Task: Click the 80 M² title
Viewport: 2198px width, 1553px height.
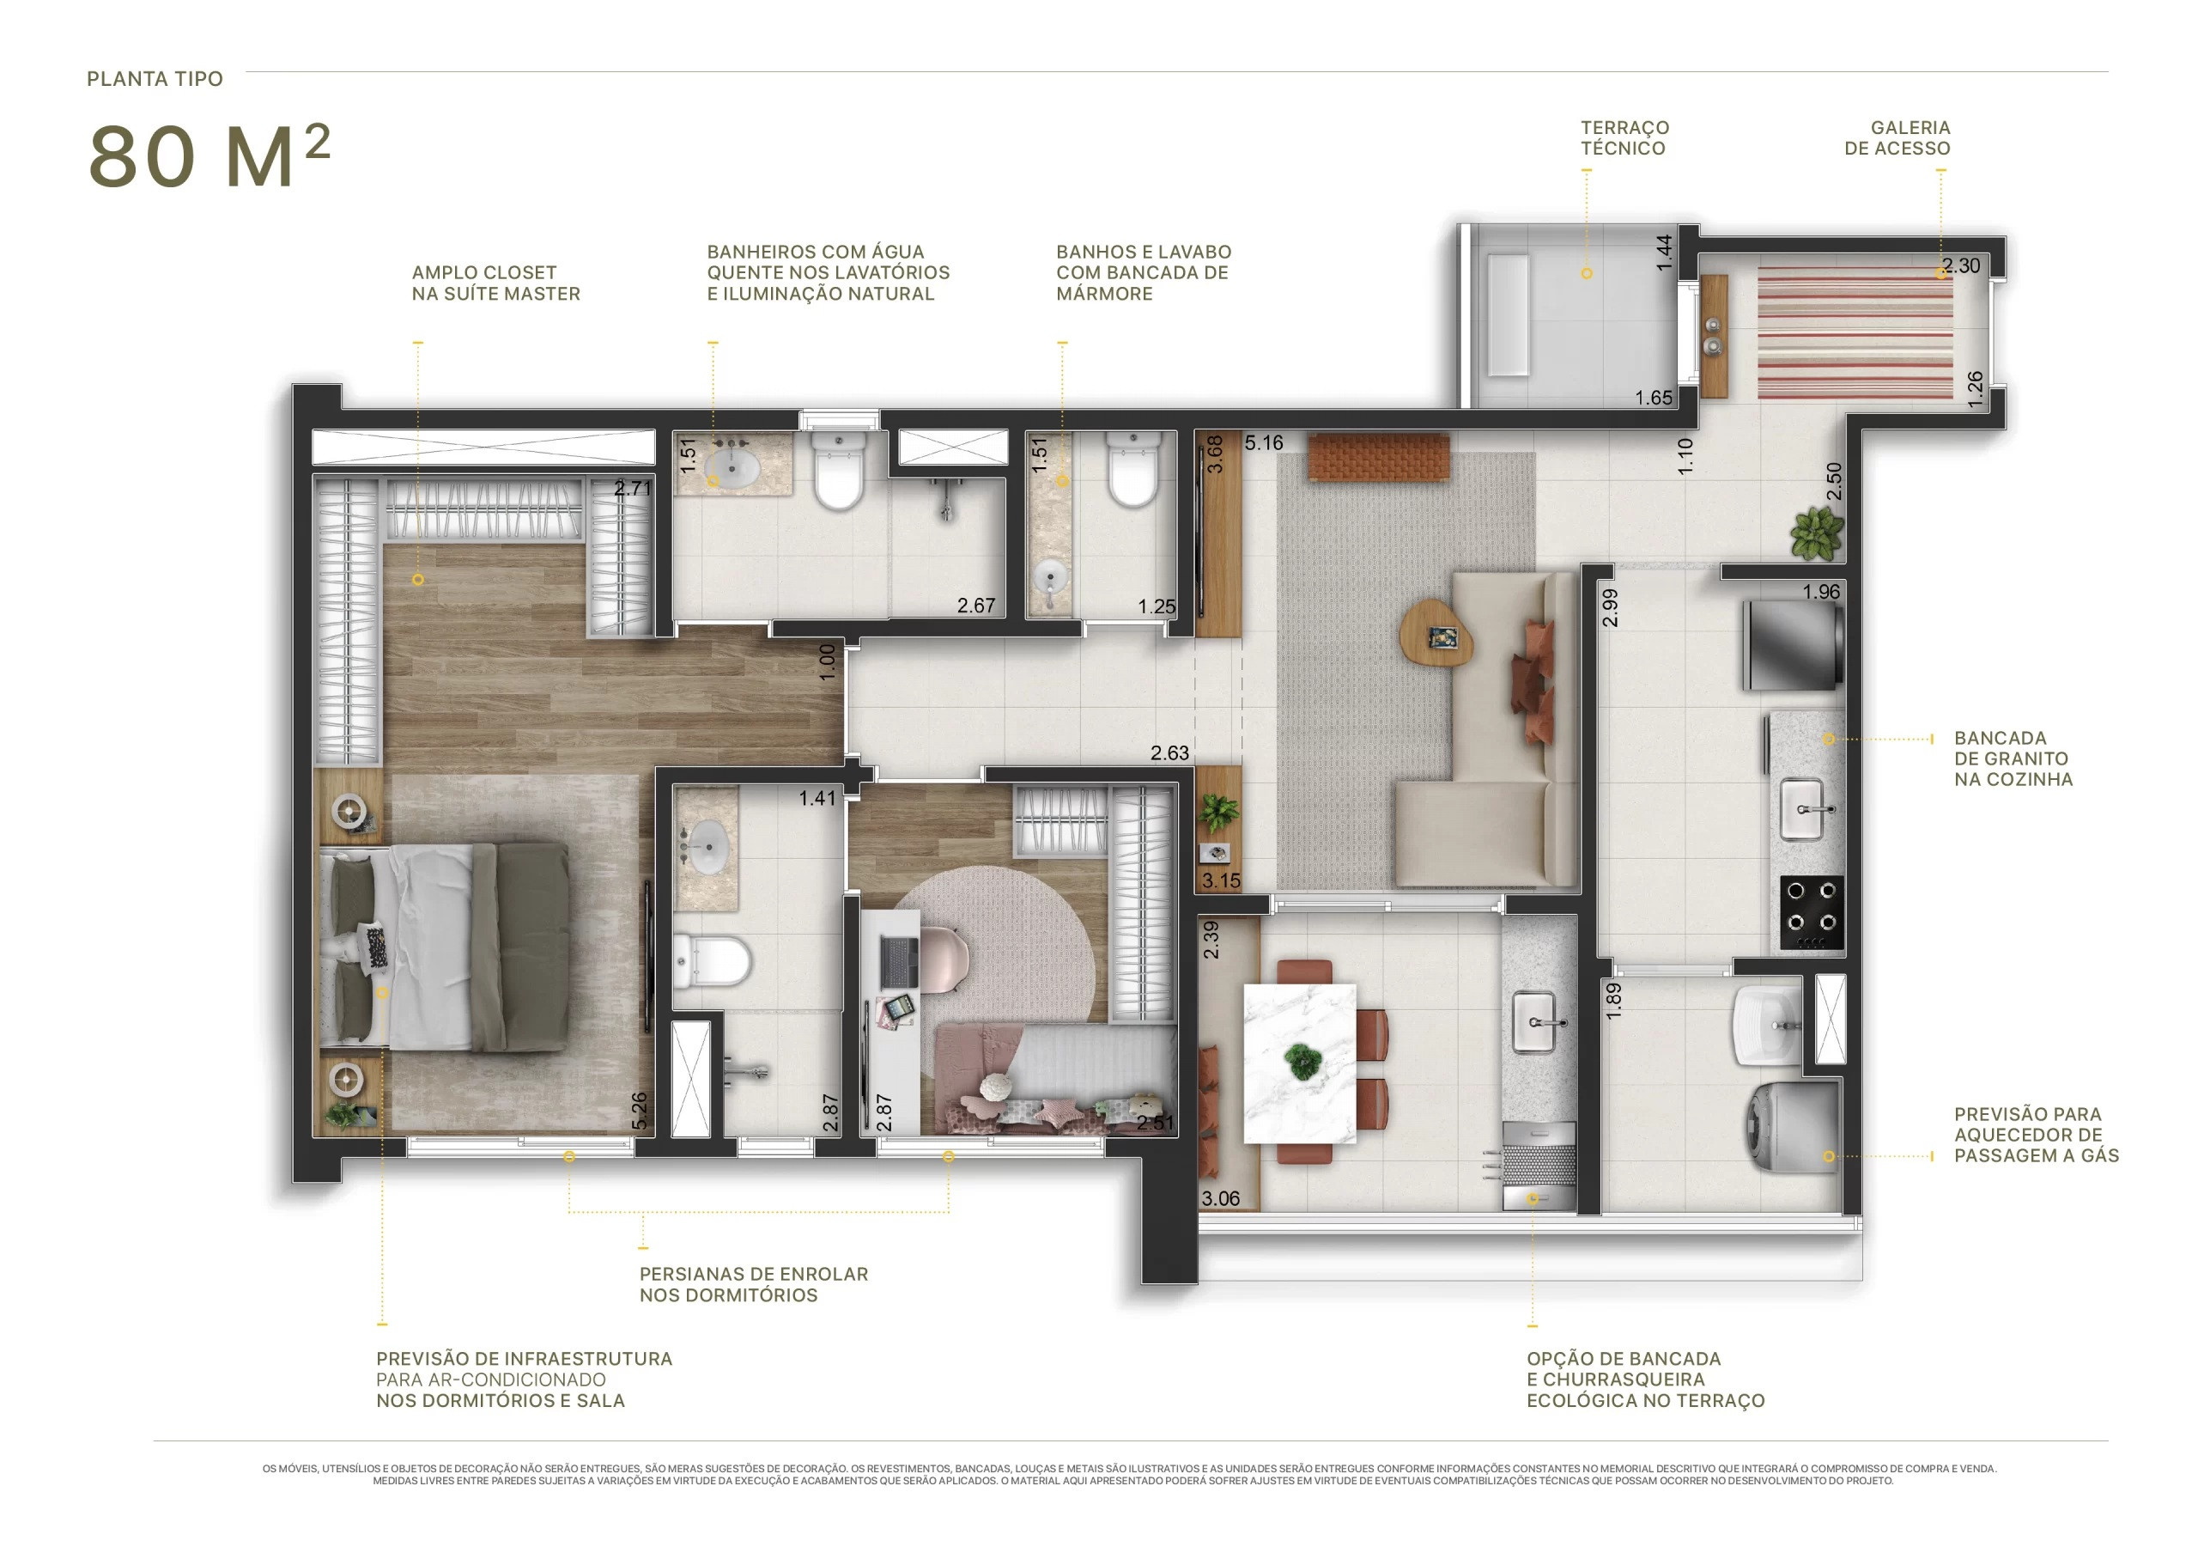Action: click(x=209, y=155)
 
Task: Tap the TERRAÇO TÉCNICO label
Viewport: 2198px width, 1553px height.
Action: click(x=1624, y=138)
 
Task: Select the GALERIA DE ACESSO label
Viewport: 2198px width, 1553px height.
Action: click(x=1897, y=138)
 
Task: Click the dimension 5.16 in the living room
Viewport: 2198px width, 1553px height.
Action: click(x=1264, y=442)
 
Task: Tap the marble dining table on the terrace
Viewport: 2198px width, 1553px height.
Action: click(x=1300, y=1063)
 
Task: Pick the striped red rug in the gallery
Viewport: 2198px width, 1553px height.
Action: click(x=1855, y=332)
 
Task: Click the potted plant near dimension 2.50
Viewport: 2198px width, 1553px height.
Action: click(x=1816, y=533)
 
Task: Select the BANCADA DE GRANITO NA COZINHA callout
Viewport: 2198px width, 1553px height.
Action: click(x=2013, y=758)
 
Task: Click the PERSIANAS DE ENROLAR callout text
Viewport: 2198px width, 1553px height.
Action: click(x=753, y=1284)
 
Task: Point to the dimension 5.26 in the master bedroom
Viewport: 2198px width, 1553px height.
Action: click(x=640, y=1110)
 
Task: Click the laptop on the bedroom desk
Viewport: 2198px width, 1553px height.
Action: click(x=899, y=962)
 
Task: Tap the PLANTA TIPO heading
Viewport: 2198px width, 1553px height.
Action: click(x=155, y=78)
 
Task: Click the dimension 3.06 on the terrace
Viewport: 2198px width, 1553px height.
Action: click(x=1221, y=1197)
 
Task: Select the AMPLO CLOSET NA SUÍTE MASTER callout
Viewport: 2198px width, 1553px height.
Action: click(x=496, y=283)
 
